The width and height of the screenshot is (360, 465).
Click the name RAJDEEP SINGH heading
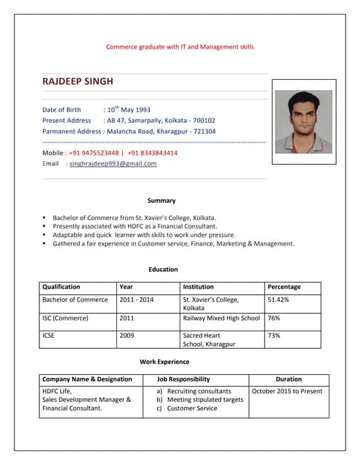click(78, 81)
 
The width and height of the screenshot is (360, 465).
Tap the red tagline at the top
click(180, 46)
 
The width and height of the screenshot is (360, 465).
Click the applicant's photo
click(303, 116)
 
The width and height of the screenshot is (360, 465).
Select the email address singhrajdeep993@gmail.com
click(113, 164)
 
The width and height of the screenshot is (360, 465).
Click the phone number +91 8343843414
click(152, 153)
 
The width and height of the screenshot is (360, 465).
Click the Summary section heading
click(161, 201)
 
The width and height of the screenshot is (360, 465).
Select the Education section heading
click(163, 270)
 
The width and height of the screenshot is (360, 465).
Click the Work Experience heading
click(164, 361)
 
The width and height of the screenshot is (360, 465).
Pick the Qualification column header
click(61, 287)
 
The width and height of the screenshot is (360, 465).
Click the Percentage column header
click(284, 287)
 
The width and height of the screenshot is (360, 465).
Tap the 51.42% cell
click(279, 299)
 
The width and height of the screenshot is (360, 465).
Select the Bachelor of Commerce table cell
click(75, 299)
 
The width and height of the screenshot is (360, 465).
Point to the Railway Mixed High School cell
click(221, 318)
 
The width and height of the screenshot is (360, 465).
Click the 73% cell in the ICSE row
click(274, 336)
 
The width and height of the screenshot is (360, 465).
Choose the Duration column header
click(288, 379)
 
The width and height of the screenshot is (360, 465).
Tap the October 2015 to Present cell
click(287, 392)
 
